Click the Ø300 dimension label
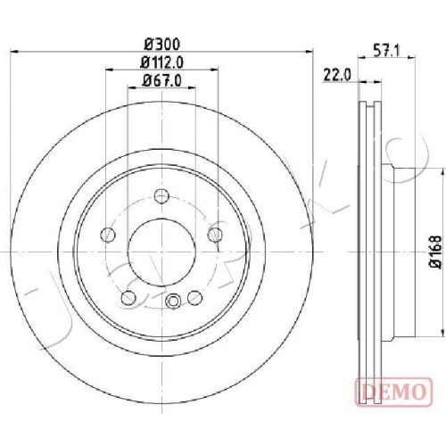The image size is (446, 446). pos(162,45)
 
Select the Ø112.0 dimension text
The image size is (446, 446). pos(162,62)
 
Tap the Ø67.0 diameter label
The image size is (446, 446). pos(162,80)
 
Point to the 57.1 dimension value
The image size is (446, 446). pos(386,51)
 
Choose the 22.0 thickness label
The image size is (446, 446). pos(337,75)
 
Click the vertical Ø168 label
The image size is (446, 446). pos(436,252)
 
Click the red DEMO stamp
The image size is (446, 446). pos(393,392)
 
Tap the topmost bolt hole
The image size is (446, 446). pos(162,196)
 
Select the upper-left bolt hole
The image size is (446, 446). pos(108,235)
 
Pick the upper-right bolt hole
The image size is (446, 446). pos(215,235)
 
